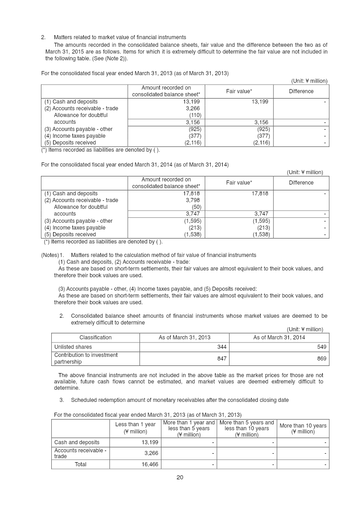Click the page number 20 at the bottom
(x=180, y=477)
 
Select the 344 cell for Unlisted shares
(x=220, y=347)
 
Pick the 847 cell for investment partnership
(x=220, y=358)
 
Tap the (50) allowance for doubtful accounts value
(x=195, y=207)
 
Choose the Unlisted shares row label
(x=73, y=347)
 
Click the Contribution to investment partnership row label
(x=86, y=358)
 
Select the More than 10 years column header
(x=303, y=428)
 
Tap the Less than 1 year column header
(x=135, y=428)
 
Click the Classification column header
(x=95, y=338)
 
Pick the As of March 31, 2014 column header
(x=279, y=338)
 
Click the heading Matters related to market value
(x=120, y=37)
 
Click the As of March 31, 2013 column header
(x=184, y=338)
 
